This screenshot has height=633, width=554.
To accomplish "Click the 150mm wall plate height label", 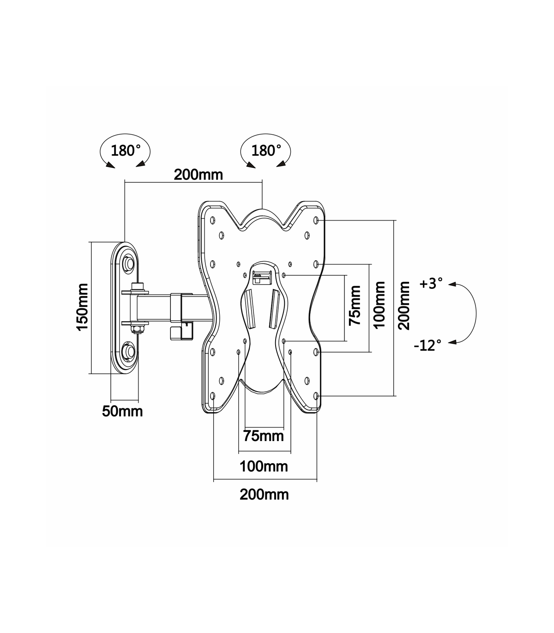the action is tap(83, 307).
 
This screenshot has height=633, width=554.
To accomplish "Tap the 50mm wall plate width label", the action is tap(122, 411).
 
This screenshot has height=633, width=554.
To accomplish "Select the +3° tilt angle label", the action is tap(431, 284).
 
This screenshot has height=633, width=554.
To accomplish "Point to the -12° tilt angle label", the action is tap(428, 345).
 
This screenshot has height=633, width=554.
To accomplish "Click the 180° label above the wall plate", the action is tap(126, 151).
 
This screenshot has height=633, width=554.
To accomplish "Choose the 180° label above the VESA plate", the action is tap(266, 151).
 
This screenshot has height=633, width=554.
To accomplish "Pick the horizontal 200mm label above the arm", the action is tap(199, 175).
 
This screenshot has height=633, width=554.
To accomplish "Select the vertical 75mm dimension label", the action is tap(355, 305).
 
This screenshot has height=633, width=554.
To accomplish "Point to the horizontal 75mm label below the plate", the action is tap(264, 436).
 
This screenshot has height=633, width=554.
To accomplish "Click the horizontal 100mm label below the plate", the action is tap(264, 466).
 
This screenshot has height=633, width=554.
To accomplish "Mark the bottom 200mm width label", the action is tap(264, 495).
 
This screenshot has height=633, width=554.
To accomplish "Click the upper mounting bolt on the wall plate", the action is tap(128, 263).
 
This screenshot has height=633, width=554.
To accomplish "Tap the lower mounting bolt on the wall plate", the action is tap(128, 351).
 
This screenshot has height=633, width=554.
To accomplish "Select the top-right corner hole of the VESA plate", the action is tap(316, 220).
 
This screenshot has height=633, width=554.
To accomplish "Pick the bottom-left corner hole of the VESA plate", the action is tap(213, 396).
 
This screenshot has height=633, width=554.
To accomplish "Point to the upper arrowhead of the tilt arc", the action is tap(452, 284).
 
